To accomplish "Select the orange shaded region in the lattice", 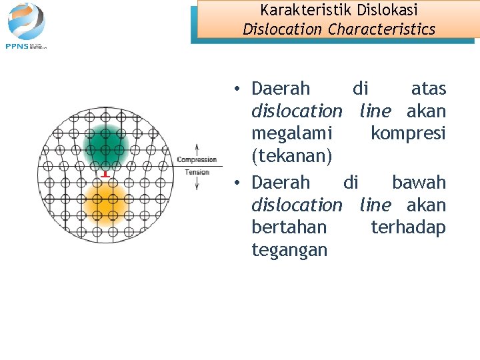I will click(104, 203).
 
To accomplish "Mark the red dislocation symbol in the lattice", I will click(105, 174).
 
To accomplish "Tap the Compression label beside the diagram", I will click(197, 159).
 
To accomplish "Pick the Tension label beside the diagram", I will click(197, 172).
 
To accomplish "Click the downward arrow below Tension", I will click(197, 184).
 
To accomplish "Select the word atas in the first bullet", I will click(428, 89).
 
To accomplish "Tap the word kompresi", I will click(408, 134).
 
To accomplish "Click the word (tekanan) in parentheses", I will click(291, 157).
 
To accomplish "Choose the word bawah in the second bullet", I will click(419, 182).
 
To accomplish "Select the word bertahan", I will click(289, 227).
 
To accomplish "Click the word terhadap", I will click(408, 227).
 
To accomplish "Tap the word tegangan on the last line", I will click(289, 250).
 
